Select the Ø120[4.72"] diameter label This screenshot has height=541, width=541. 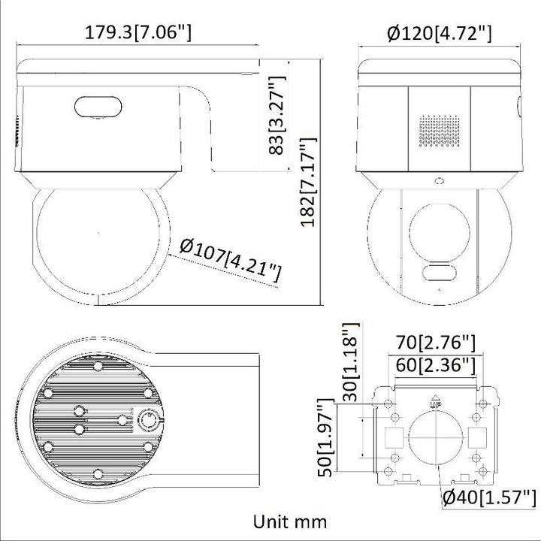click(x=440, y=32)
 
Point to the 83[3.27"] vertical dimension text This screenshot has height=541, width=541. click(x=278, y=114)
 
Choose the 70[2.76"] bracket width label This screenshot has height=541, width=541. click(x=436, y=344)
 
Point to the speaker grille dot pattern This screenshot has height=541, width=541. click(x=439, y=132)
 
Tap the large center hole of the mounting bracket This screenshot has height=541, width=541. click(x=435, y=435)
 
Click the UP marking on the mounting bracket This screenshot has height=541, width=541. click(x=435, y=403)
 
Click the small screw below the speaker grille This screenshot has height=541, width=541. click(x=439, y=180)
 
